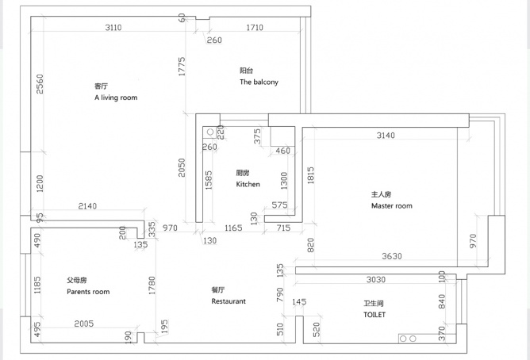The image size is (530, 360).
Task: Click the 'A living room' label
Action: (116, 98)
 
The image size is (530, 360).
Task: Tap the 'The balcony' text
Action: (259, 82)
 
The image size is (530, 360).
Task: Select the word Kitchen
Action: (248, 184)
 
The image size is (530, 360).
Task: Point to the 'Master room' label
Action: (392, 205)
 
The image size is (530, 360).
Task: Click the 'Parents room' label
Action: (88, 292)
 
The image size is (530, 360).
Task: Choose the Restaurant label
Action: (229, 301)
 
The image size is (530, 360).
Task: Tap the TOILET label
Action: (374, 315)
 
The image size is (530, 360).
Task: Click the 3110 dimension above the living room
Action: (113, 27)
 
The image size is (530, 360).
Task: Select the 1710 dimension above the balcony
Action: (255, 27)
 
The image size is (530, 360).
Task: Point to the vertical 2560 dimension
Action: (40, 84)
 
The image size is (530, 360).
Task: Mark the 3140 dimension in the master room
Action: (386, 136)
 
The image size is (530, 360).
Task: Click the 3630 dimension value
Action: (392, 256)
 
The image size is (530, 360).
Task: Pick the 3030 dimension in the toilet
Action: (376, 280)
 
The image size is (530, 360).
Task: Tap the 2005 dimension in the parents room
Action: (84, 324)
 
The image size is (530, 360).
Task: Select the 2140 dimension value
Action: (87, 206)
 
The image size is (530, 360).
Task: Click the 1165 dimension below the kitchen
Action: (233, 228)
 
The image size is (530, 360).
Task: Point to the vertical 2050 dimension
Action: (182, 167)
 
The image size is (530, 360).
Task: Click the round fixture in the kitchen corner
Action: (210, 132)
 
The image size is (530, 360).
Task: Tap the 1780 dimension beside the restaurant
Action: (152, 285)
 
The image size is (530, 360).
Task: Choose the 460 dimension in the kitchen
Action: (283, 151)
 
